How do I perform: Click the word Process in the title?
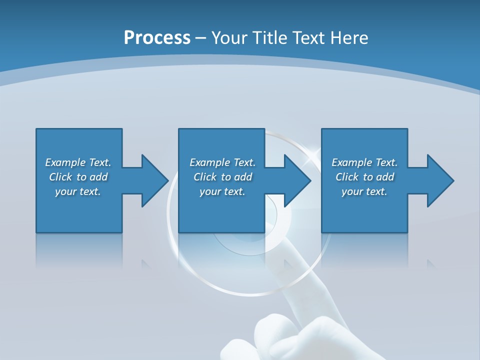[x=157, y=38]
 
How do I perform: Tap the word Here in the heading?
[x=348, y=38]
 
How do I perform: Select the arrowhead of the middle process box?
[x=296, y=180]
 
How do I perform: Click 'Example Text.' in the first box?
[x=78, y=162]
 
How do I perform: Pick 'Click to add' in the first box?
[x=78, y=177]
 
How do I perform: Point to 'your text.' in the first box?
[x=78, y=191]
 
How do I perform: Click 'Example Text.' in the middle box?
[x=222, y=162]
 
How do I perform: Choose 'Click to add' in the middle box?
[x=222, y=177]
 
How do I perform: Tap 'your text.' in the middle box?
[x=222, y=191]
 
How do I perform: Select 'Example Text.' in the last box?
[x=364, y=162]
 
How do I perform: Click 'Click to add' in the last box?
[x=364, y=177]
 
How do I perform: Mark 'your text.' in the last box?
[x=364, y=191]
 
